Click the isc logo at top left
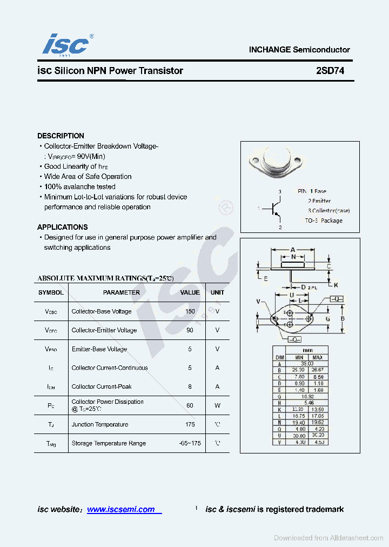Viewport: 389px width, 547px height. pos(66,44)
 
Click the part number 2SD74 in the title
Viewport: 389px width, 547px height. pos(330,71)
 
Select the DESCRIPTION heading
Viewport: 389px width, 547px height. pos(61,136)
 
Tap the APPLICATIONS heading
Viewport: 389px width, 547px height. pos(62,227)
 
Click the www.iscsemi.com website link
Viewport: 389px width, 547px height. pos(121,509)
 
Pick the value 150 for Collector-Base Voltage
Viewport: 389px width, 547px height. pos(190,311)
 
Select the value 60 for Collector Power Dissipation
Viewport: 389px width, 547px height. pos(190,405)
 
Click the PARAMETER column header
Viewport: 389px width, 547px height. pos(122,292)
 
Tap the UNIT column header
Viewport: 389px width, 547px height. pos(217,292)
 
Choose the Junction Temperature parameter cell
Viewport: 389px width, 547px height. pos(100,424)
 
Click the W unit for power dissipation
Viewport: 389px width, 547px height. pos(217,405)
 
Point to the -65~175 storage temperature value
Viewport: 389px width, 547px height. pos(190,443)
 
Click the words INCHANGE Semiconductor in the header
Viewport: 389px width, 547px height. pos(299,50)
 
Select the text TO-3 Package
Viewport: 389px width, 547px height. pos(323,221)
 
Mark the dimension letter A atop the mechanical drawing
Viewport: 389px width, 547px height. pos(292,250)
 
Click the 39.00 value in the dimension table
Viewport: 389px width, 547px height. pos(307,364)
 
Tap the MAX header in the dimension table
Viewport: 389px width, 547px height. pos(317,357)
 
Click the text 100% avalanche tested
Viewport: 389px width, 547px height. pos(79,186)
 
